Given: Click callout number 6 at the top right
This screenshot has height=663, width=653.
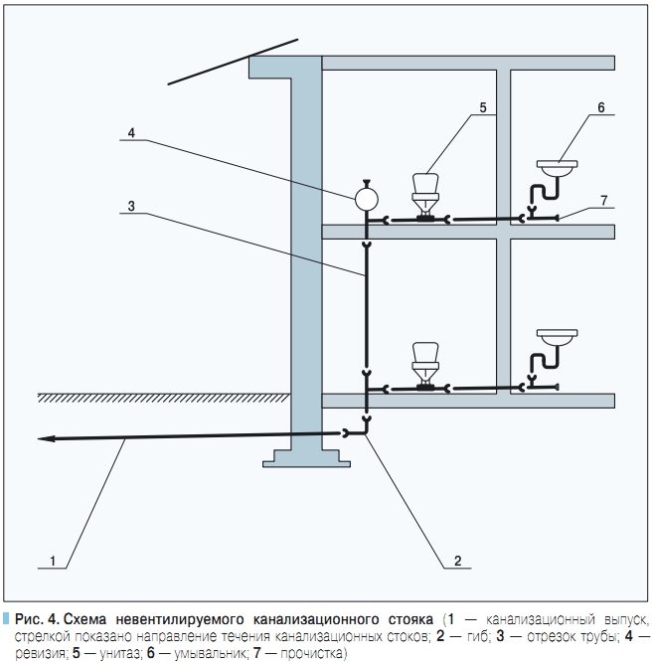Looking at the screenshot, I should coord(601,106).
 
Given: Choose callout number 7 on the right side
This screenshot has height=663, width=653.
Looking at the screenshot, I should coord(602,201).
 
